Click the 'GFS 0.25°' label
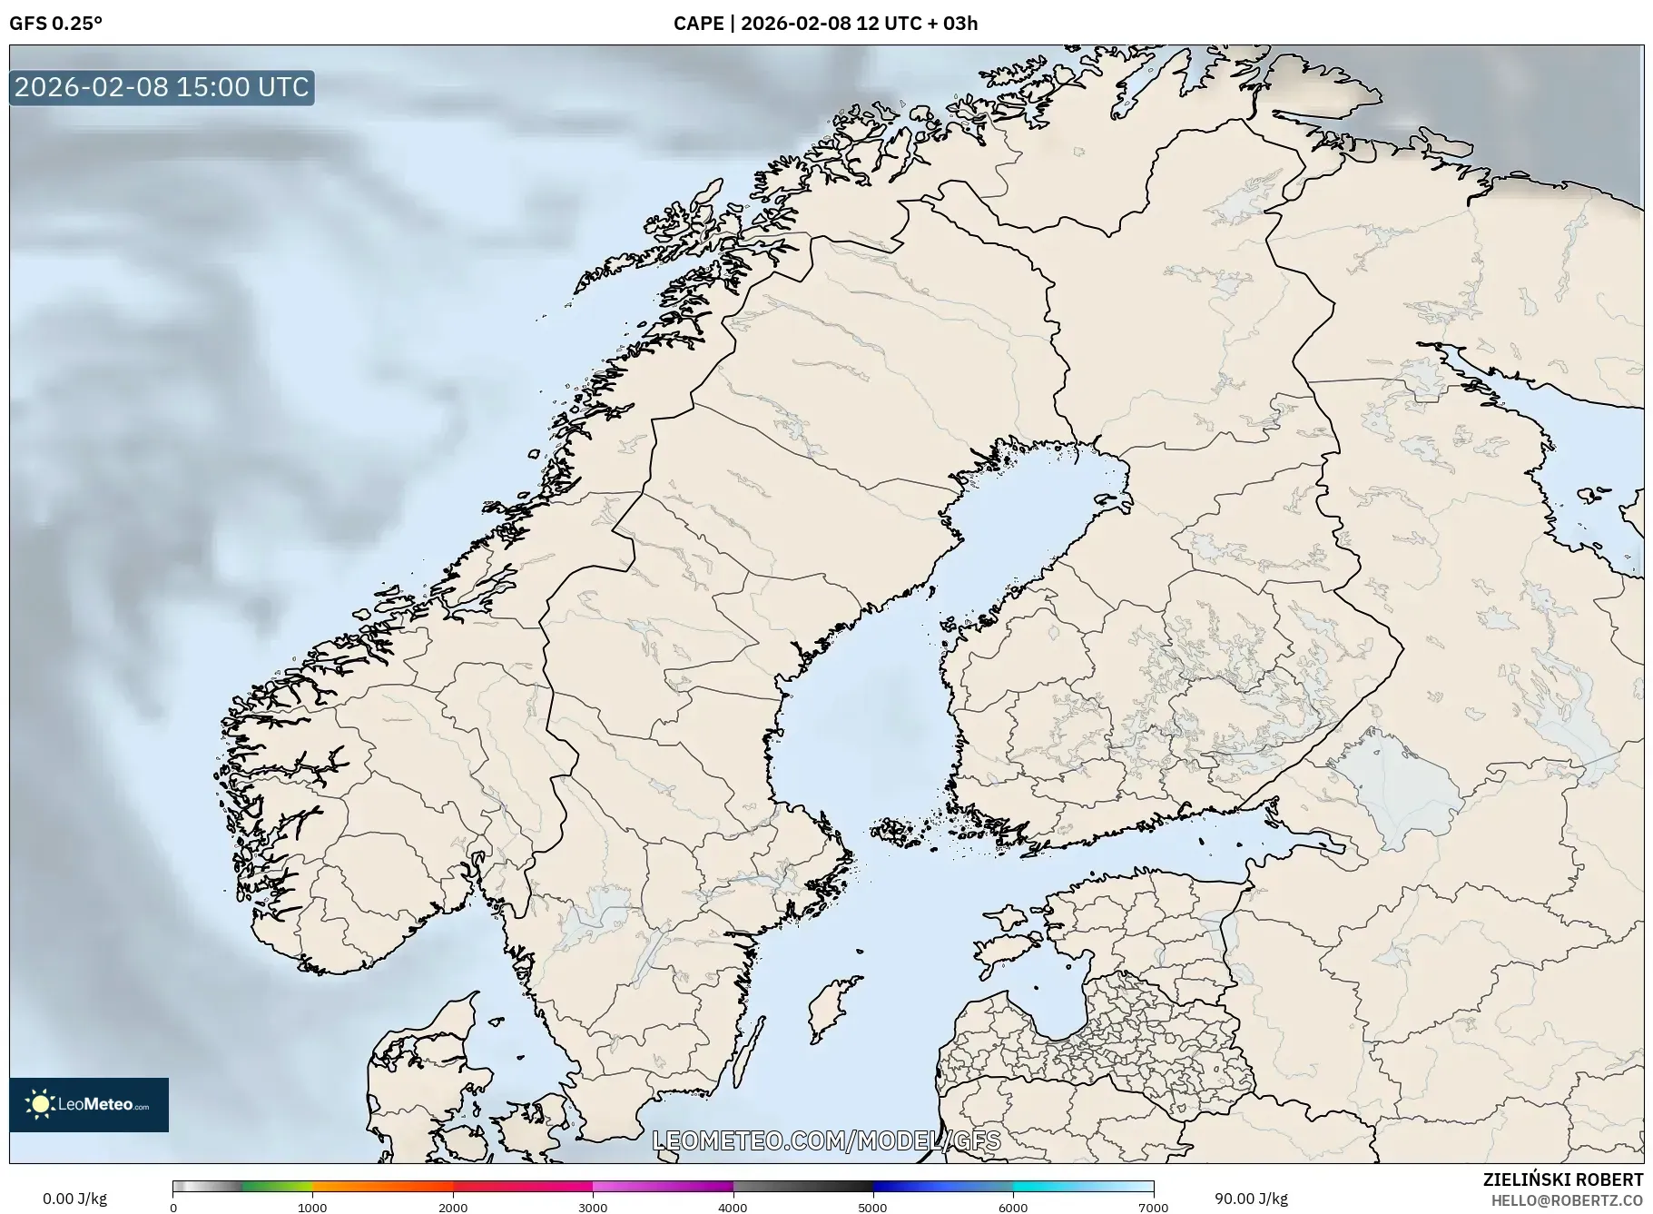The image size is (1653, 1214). [55, 24]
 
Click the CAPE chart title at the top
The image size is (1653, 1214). [825, 24]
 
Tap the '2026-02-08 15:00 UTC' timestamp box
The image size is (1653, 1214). [162, 87]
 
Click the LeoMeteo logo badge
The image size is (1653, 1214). [89, 1104]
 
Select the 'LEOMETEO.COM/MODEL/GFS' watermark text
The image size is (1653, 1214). [826, 1140]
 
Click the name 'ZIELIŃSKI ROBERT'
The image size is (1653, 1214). [1562, 1179]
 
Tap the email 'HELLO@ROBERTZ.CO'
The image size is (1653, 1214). [1567, 1199]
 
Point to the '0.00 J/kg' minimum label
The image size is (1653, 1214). [74, 1199]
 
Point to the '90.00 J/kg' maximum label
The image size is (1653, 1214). [1251, 1199]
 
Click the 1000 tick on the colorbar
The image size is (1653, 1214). [312, 1207]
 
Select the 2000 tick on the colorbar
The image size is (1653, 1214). [453, 1207]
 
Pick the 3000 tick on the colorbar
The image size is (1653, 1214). [593, 1207]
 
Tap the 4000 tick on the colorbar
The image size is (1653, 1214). [733, 1207]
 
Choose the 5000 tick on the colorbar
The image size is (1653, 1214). [873, 1207]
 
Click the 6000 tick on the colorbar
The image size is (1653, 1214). [1013, 1207]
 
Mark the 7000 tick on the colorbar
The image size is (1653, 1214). [1153, 1207]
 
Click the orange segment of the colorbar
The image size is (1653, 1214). [381, 1186]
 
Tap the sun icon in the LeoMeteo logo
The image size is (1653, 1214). [40, 1104]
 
